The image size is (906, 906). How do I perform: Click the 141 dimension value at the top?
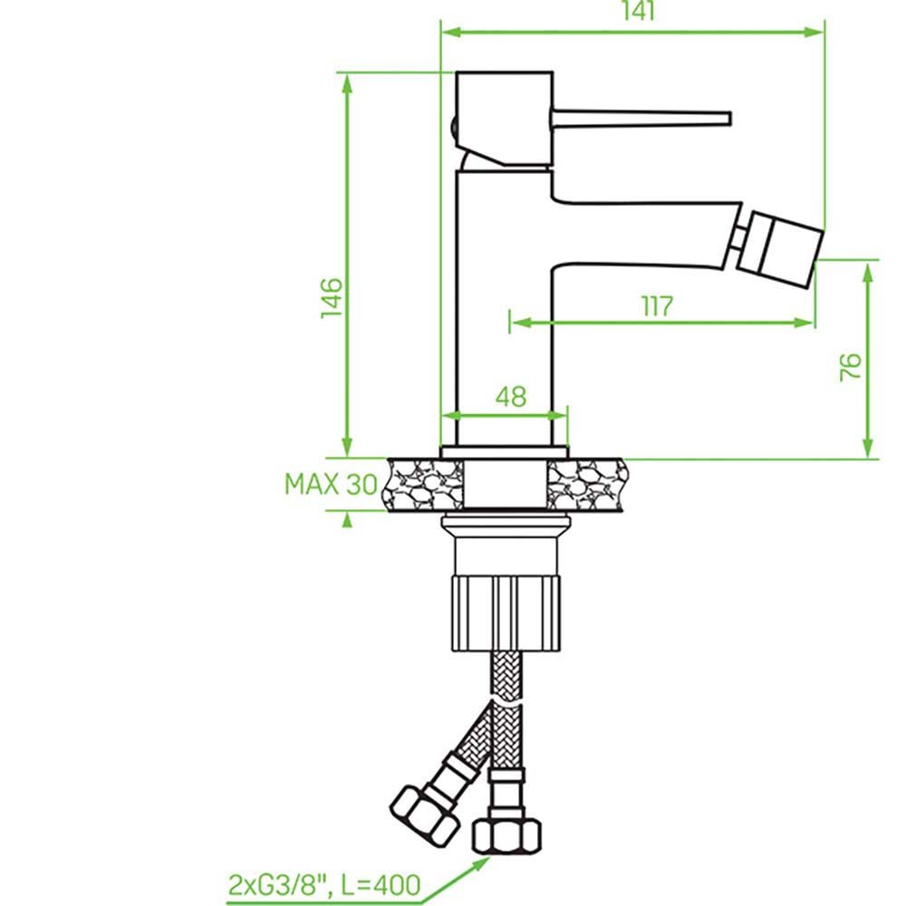[x=639, y=11]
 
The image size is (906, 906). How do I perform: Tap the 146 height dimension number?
[x=332, y=297]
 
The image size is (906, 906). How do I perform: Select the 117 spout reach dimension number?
[x=658, y=306]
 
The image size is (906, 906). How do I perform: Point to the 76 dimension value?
[x=851, y=367]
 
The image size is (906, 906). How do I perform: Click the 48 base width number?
[x=511, y=397]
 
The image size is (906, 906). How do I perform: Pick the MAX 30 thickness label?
[x=331, y=484]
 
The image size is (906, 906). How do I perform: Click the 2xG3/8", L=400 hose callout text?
[x=324, y=884]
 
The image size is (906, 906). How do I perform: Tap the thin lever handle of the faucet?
[x=641, y=117]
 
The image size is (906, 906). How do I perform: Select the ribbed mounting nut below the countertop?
[x=506, y=613]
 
